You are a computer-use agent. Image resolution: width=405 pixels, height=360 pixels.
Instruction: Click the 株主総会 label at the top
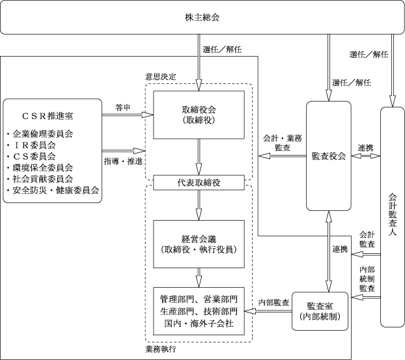click(x=202, y=18)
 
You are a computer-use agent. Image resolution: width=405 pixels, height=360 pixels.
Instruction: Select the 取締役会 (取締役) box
click(x=199, y=115)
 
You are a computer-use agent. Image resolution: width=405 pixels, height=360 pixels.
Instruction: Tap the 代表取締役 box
click(x=199, y=183)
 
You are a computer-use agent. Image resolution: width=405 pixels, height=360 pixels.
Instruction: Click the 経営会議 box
click(x=199, y=244)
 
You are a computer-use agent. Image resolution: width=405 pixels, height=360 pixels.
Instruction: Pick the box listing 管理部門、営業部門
click(x=199, y=311)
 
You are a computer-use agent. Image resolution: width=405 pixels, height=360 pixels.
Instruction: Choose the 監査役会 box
click(x=329, y=156)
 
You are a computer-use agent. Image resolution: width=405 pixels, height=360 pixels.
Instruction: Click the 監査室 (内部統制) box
click(x=320, y=311)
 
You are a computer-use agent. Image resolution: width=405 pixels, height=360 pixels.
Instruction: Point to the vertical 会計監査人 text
click(x=393, y=214)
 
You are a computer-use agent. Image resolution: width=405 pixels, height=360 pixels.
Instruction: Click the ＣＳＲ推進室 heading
click(x=48, y=117)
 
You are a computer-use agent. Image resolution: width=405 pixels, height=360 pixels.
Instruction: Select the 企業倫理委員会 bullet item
click(x=40, y=133)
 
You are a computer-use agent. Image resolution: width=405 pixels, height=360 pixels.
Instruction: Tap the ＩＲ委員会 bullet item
click(x=31, y=145)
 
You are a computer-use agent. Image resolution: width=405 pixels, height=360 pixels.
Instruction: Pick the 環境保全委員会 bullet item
click(x=40, y=168)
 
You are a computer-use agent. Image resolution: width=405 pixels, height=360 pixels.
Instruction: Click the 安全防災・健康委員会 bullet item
click(x=53, y=191)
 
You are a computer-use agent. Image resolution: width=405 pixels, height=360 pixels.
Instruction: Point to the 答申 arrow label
click(x=122, y=107)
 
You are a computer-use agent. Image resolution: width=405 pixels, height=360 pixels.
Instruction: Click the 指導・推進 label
click(x=123, y=161)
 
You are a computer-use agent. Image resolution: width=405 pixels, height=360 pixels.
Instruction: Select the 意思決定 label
click(x=161, y=77)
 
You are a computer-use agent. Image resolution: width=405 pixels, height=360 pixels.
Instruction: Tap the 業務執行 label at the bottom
click(x=161, y=349)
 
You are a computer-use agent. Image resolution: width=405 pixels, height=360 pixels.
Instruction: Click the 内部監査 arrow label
click(x=273, y=303)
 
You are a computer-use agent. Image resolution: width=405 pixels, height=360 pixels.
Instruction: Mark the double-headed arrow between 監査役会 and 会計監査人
click(x=366, y=156)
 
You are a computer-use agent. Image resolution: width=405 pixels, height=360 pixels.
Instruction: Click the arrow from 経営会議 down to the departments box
click(x=199, y=277)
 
